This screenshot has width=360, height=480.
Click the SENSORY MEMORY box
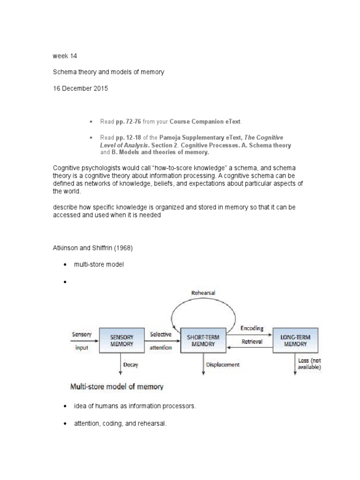tap(121, 340)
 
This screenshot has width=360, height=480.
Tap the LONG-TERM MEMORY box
tap(295, 340)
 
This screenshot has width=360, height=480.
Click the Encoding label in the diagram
tap(252, 328)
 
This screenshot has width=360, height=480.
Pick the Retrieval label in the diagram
tap(252, 342)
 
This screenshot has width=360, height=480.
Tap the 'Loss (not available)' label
tap(309, 364)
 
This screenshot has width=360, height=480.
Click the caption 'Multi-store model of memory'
tap(117, 387)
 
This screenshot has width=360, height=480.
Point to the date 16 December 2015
tap(80, 88)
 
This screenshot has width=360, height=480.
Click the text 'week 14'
tap(65, 56)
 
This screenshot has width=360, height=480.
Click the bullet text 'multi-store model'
tap(98, 264)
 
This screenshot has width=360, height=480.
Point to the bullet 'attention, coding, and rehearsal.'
tap(120, 423)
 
